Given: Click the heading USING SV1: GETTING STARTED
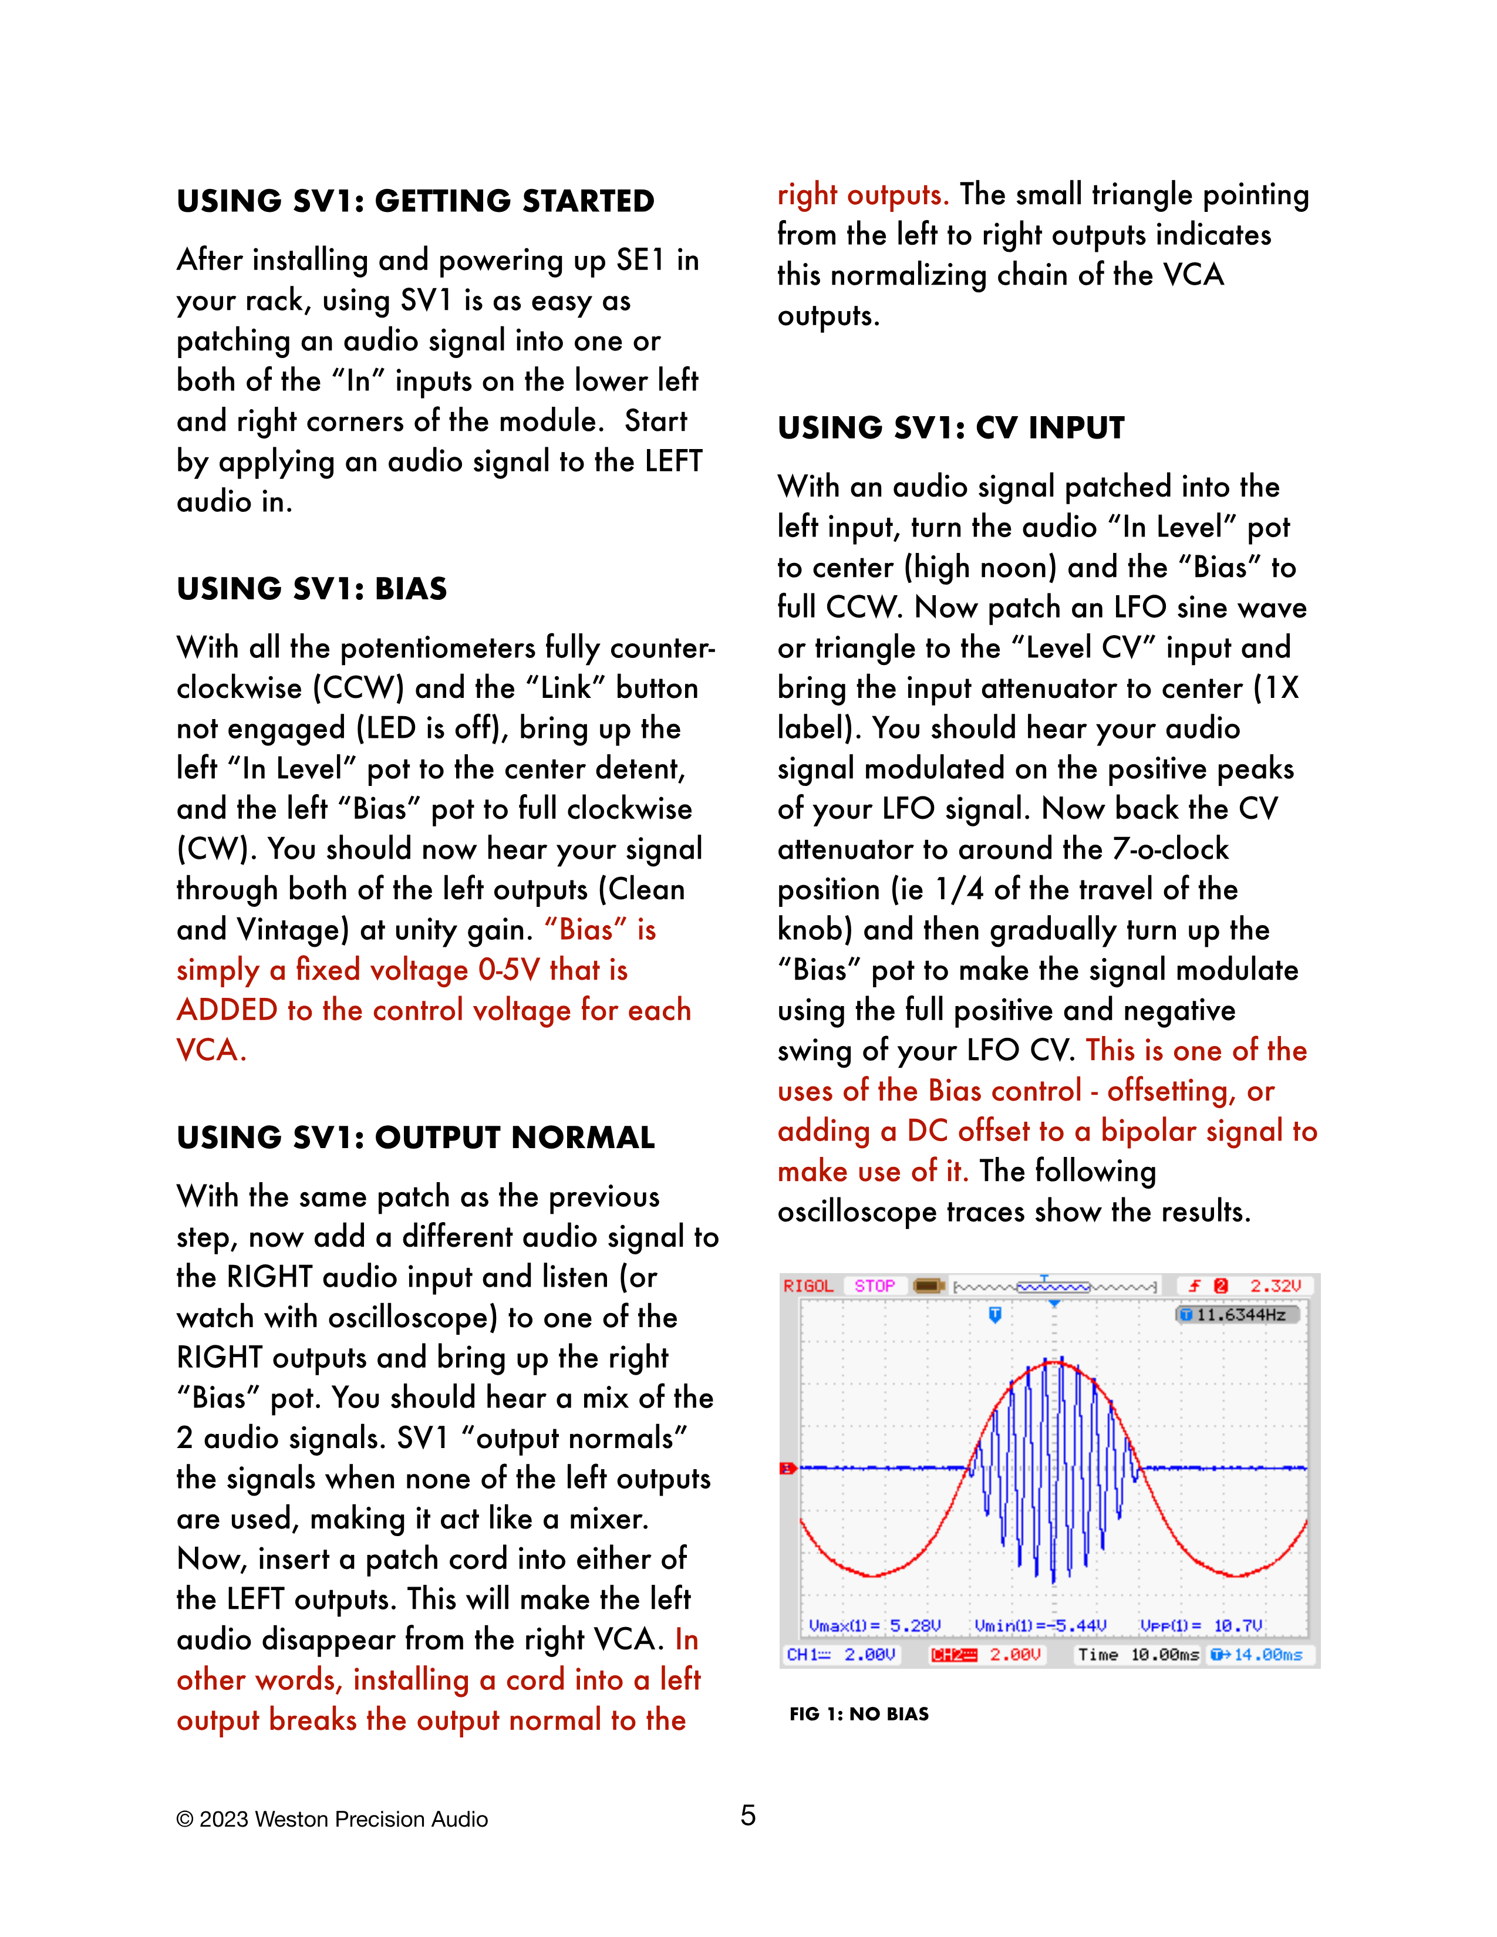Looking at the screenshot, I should point(415,201).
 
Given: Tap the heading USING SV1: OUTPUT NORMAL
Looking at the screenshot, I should point(415,1138).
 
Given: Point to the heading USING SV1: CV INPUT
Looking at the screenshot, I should point(950,428).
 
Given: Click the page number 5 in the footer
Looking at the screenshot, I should point(747,1815).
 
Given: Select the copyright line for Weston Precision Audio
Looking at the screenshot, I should point(332,1819).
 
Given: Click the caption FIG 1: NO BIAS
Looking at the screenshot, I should point(858,1713).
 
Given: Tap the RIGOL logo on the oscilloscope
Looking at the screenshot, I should point(808,1286).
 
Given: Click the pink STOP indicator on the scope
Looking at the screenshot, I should point(875,1286).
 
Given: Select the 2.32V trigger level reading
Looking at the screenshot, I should point(1275,1286).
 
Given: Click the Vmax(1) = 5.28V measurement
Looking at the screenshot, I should point(874,1626).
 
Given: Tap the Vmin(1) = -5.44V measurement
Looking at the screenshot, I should point(1040,1626).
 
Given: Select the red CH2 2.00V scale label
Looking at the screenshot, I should point(985,1655).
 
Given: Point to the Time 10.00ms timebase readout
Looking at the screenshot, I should point(1138,1655).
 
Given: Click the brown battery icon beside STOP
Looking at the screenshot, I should point(928,1286).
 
